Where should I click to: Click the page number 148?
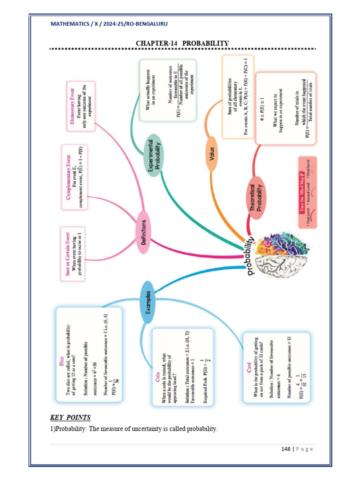point(286,449)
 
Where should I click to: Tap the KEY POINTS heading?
point(71,417)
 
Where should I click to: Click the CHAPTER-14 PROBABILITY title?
point(182,43)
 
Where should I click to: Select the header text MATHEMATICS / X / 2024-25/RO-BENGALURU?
point(109,23)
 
